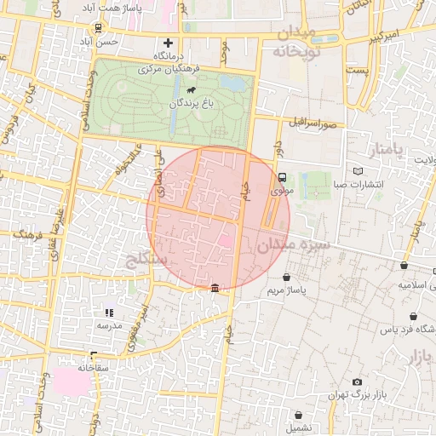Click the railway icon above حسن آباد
click(99, 27)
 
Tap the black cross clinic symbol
click(168, 43)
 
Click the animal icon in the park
click(196, 89)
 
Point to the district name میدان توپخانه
click(295, 42)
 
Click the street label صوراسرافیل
click(320, 124)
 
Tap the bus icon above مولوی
click(282, 177)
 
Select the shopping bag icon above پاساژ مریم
click(285, 278)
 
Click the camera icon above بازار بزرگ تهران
click(357, 382)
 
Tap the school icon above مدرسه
click(109, 313)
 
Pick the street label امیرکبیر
click(372, 41)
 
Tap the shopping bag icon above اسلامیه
click(404, 266)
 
